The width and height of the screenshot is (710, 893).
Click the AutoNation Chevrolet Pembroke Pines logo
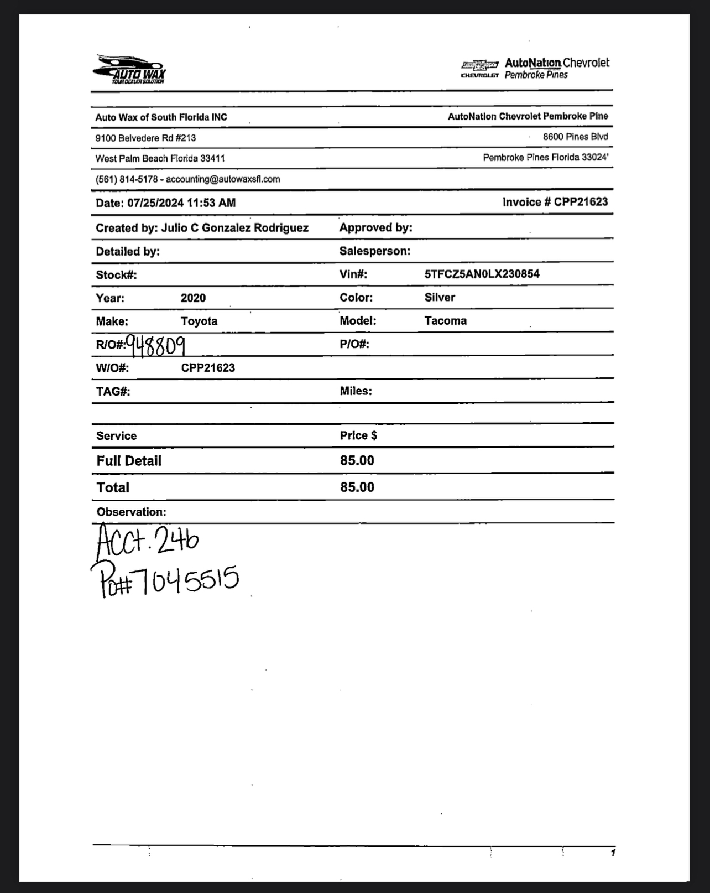click(x=535, y=69)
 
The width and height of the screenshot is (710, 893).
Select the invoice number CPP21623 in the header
click(x=581, y=202)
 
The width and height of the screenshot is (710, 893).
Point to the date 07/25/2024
click(x=155, y=203)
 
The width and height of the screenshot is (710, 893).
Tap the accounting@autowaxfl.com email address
click(x=223, y=179)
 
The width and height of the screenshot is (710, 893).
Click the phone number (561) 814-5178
click(x=127, y=179)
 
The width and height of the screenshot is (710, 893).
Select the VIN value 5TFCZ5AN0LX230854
click(x=482, y=274)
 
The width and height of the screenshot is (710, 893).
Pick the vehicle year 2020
click(x=193, y=298)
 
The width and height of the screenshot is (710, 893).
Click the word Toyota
click(x=199, y=321)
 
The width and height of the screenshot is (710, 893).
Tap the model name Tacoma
click(x=445, y=321)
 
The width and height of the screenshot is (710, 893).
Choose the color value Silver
click(x=440, y=298)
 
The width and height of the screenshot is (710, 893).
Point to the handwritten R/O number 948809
click(x=155, y=346)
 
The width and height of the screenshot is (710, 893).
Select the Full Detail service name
click(x=129, y=461)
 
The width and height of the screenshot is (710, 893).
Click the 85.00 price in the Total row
click(x=357, y=487)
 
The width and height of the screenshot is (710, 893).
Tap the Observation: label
click(x=131, y=512)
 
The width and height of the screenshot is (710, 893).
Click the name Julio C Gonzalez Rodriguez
click(x=234, y=228)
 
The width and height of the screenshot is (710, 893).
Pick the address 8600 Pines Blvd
click(x=575, y=137)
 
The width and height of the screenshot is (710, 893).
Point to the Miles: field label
click(x=356, y=391)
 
